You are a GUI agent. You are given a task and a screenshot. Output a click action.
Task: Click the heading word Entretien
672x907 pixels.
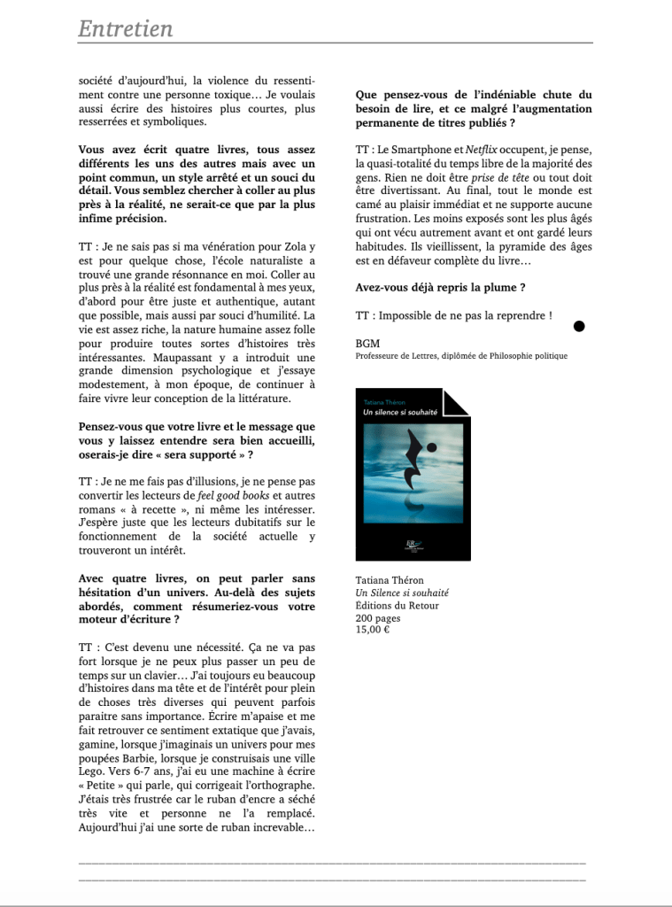tap(125, 28)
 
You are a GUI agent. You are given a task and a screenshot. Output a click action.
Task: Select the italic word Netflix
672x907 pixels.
tap(482, 151)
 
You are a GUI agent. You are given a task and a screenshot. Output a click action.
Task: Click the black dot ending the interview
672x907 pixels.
tap(579, 326)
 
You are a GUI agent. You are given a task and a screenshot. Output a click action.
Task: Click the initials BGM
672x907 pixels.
tap(367, 343)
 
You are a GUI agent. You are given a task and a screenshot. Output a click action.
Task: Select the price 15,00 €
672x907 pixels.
tap(373, 630)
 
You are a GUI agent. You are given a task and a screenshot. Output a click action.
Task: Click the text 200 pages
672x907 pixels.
tap(377, 617)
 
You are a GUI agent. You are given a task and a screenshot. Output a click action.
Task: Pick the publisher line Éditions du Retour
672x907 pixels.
tap(397, 605)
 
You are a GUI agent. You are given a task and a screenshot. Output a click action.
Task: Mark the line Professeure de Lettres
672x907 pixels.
tap(461, 355)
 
